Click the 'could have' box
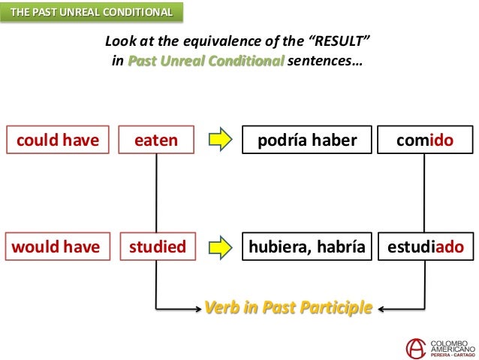pos(57,139)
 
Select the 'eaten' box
pos(157,139)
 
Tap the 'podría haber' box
pos(306,139)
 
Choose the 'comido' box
pos(426,139)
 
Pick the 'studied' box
pos(157,246)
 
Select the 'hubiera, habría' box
pos(306,246)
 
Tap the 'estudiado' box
pos(426,246)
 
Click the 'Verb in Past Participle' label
pos(288,307)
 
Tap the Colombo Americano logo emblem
pos(415,348)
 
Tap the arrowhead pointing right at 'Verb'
pos(198,307)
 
